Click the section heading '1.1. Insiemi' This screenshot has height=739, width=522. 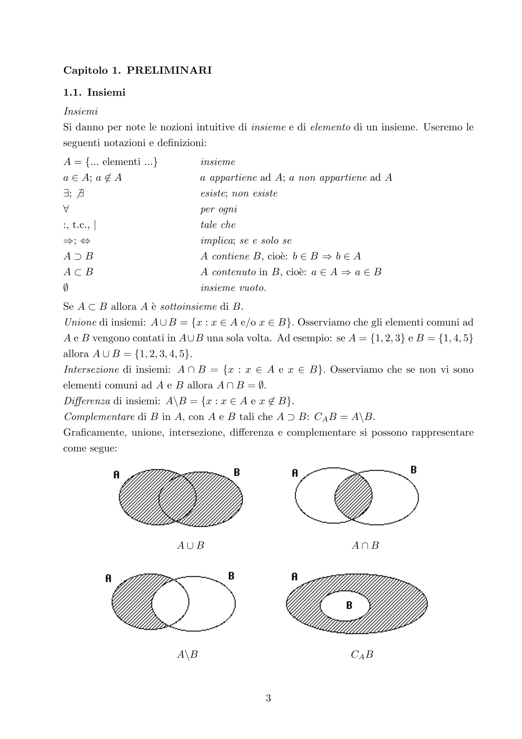94,93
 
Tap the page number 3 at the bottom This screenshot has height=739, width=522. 268,698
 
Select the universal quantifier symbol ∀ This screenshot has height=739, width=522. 67,209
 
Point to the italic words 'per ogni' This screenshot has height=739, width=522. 218,209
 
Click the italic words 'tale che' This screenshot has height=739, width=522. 218,225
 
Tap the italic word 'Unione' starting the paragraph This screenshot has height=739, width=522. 80,323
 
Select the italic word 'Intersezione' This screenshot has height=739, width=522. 91,370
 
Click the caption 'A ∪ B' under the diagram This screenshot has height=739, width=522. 190,545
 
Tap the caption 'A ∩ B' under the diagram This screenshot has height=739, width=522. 365,545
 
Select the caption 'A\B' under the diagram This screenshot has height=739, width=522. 187,655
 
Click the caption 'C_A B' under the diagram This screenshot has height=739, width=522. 362,655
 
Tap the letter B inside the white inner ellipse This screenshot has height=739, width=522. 349,606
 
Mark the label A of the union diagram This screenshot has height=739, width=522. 116,474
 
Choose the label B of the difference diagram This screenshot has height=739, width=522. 231,576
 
